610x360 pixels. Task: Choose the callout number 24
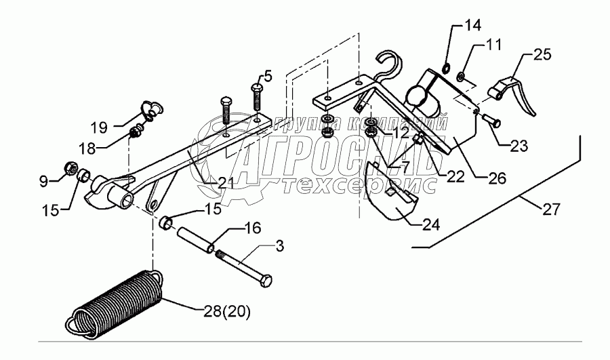(x=432, y=224)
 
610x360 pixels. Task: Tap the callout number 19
(x=99, y=126)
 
